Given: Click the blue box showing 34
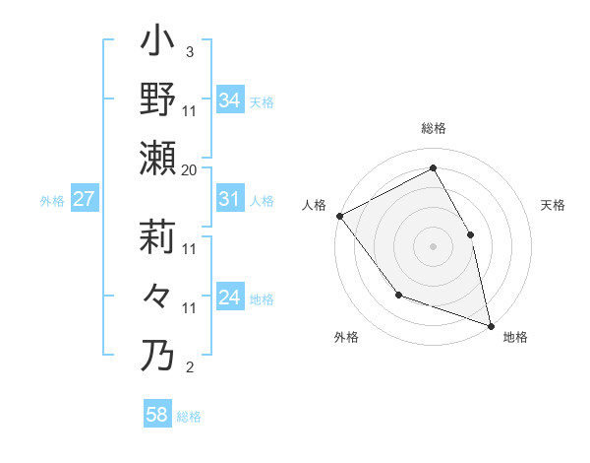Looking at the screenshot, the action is [x=229, y=100].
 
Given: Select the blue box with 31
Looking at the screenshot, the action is [x=229, y=199].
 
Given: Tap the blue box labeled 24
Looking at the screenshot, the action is [x=229, y=298].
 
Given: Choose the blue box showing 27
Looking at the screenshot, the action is [x=84, y=199].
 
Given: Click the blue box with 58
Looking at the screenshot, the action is [x=157, y=415].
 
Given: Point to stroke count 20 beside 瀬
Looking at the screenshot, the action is [x=190, y=170].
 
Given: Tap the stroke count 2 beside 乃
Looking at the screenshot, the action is [x=189, y=367].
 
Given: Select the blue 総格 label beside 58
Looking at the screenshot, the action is [x=189, y=417].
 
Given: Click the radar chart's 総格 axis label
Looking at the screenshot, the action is [x=433, y=128].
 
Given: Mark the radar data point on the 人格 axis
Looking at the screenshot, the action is [x=339, y=216].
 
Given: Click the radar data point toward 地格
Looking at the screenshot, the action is [x=491, y=325].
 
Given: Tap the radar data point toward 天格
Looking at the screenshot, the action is [x=470, y=234].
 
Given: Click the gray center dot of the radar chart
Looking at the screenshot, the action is [x=433, y=246].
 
